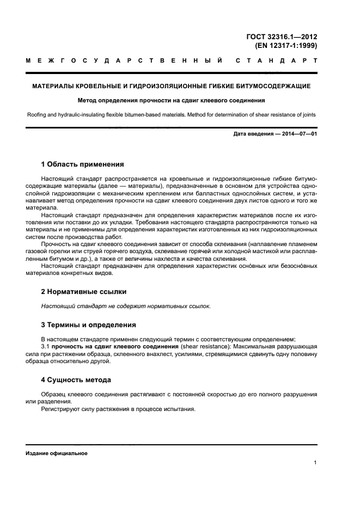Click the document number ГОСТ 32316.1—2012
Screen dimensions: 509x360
pyautogui.click(x=282, y=37)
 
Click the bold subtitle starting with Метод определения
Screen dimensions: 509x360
pyautogui.click(x=171, y=101)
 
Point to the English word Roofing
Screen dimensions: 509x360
pyautogui.click(x=38, y=114)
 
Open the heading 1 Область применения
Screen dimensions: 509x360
pyautogui.click(x=83, y=164)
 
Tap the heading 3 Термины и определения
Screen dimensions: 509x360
pyautogui.click(x=89, y=325)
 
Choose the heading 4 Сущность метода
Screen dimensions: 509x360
pyautogui.click(x=77, y=379)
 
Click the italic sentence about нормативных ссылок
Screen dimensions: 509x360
pyautogui.click(x=126, y=306)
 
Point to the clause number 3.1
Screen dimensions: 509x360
pyautogui.click(x=46, y=347)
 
